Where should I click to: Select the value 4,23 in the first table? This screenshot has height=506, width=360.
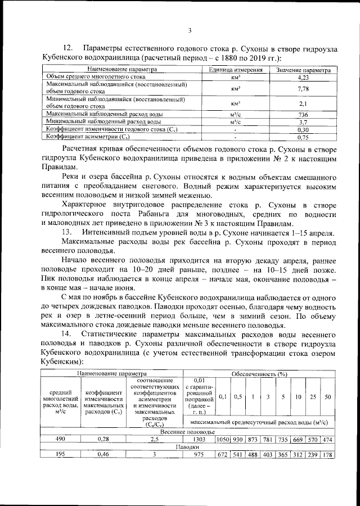(303, 76)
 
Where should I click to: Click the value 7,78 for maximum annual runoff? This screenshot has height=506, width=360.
(303, 88)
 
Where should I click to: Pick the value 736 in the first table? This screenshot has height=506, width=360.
(303, 114)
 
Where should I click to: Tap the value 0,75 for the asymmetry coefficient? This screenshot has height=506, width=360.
(303, 137)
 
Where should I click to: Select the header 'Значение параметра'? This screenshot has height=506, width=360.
(303, 69)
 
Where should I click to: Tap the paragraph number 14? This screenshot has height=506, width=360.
(68, 334)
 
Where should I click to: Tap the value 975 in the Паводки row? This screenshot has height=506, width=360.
(201, 454)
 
